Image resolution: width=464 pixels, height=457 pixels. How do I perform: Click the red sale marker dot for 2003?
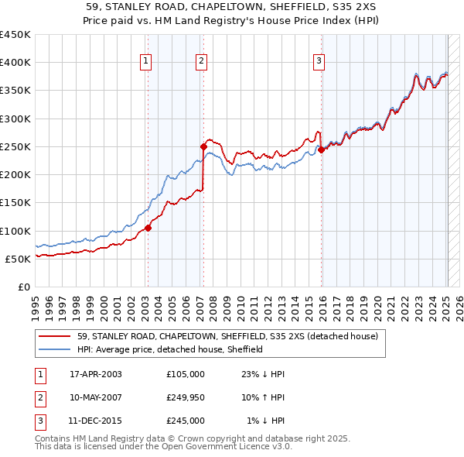[148, 228]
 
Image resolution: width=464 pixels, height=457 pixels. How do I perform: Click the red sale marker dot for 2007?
[203, 146]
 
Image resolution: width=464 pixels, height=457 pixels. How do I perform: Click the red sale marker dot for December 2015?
[321, 149]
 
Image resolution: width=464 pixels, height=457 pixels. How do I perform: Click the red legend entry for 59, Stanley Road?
[227, 337]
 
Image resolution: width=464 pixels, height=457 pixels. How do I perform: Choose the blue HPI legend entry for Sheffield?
[170, 350]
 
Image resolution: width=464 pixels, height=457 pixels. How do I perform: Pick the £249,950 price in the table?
[186, 397]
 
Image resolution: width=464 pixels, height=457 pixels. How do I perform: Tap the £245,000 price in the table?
[186, 421]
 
